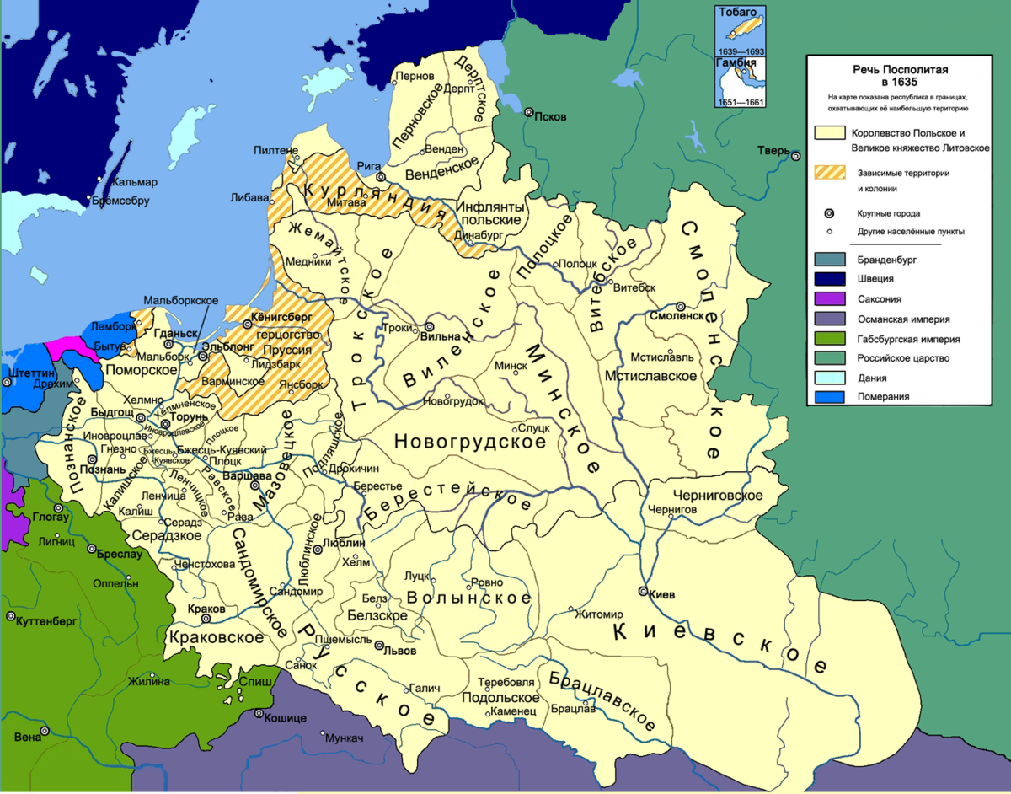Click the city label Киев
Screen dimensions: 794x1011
663,594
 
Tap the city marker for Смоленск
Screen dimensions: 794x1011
680,307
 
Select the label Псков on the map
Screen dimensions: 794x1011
552,116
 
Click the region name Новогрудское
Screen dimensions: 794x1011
470,441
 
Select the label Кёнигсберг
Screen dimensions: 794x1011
281,319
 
